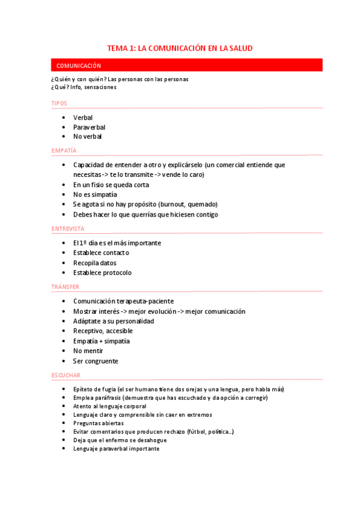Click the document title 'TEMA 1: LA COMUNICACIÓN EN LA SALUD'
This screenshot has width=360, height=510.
pos(180,48)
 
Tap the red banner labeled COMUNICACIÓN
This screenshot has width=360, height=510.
pos(78,66)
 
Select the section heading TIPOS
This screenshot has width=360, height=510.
pos(59,103)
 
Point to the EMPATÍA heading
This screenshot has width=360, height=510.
pos(64,150)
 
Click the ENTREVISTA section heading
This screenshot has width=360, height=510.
pos(68,229)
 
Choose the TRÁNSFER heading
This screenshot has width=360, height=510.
pos(65,287)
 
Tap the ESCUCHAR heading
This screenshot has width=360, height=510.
pos(66,375)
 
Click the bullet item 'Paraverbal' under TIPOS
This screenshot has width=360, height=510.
pos(89,127)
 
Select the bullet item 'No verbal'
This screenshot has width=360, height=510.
pos(87,137)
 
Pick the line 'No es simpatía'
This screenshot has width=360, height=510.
pos(95,194)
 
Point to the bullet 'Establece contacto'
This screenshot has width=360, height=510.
pos(101,253)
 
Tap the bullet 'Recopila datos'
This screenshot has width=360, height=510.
pos(94,263)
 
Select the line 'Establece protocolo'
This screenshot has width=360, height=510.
pos(102,272)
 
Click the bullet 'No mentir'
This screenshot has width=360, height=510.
pos(88,351)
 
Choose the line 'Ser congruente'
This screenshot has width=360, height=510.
pos(96,361)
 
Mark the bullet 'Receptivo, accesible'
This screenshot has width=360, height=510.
pos(103,331)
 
